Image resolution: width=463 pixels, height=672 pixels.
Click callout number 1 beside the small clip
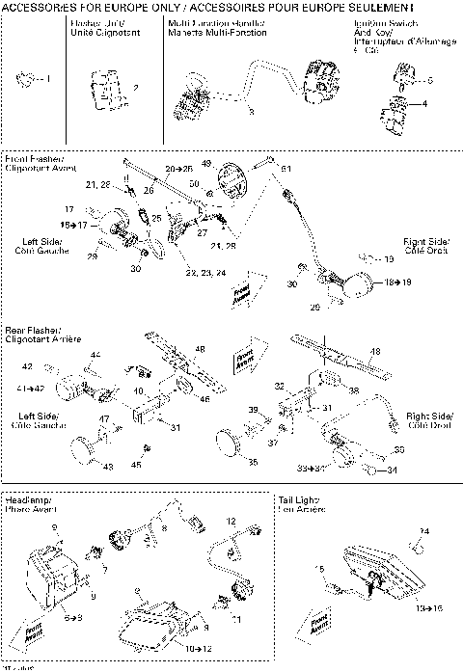(x=50, y=77)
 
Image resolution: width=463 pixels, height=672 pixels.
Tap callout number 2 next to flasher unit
(x=134, y=88)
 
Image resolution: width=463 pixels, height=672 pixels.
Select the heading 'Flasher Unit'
(x=94, y=27)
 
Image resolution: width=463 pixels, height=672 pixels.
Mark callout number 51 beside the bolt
(x=286, y=169)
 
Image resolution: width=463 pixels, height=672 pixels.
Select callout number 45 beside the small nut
(x=136, y=464)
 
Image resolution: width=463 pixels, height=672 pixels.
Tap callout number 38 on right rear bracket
(x=353, y=391)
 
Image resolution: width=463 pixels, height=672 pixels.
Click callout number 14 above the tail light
(x=424, y=531)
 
